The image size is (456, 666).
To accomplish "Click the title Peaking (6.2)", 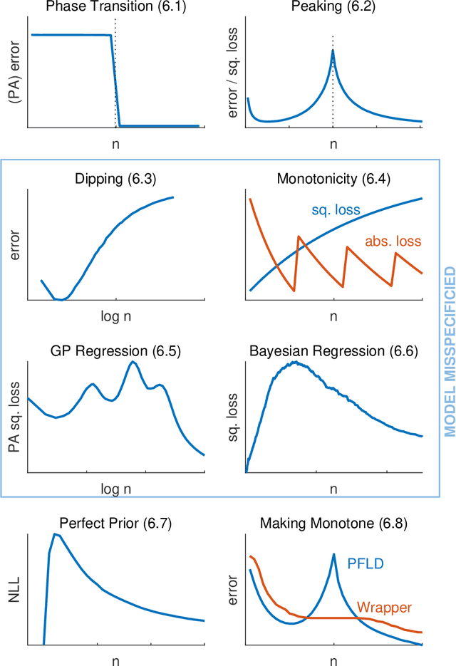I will pos(333,7).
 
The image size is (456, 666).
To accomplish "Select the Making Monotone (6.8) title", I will pos(333,524).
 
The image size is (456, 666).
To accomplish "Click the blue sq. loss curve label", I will pos(336,211).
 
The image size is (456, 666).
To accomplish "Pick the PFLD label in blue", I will pos(366,564).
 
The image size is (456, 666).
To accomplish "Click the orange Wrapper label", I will pos(384,608).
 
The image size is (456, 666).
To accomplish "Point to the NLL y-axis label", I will pos(14,590).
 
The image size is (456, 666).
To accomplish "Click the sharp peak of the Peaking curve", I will pos(333,49).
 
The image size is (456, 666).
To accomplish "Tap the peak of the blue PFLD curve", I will pos(333,554).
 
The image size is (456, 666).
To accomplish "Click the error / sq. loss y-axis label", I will pos(232,72).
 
